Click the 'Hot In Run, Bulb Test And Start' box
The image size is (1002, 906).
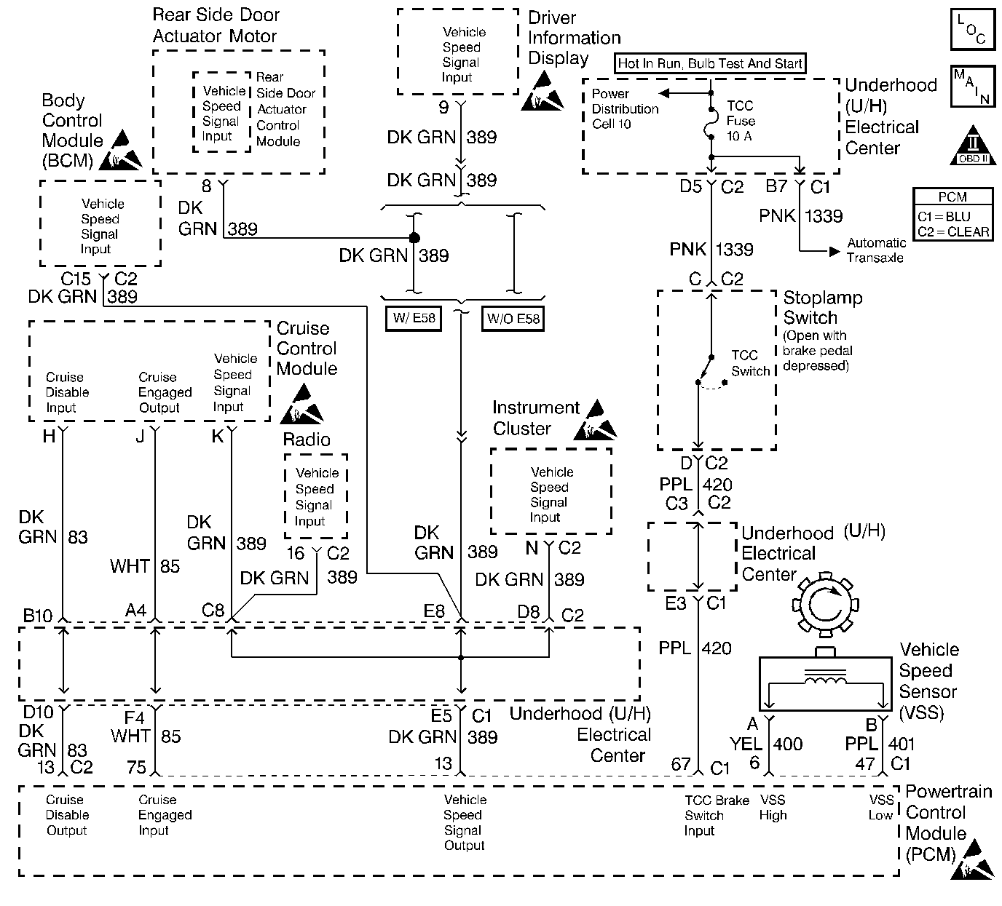pyautogui.click(x=710, y=63)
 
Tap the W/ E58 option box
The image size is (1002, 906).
pyautogui.click(x=414, y=319)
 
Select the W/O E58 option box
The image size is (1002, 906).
pyautogui.click(x=513, y=319)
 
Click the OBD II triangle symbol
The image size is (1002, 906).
pyautogui.click(x=973, y=146)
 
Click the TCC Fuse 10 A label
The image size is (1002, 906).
pyautogui.click(x=741, y=121)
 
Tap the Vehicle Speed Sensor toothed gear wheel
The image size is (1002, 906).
pyautogui.click(x=825, y=605)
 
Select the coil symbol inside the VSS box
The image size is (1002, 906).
pyautogui.click(x=825, y=679)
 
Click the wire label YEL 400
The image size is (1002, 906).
pyautogui.click(x=766, y=744)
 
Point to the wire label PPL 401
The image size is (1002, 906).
pyautogui.click(x=880, y=744)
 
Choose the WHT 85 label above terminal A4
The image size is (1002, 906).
pyautogui.click(x=145, y=566)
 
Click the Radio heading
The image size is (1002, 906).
pyautogui.click(x=307, y=440)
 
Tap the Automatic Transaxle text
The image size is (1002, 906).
pyautogui.click(x=876, y=250)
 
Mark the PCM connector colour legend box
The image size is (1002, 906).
pyautogui.click(x=952, y=215)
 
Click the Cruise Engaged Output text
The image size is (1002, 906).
pyautogui.click(x=165, y=392)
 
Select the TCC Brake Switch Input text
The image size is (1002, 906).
pyautogui.click(x=717, y=815)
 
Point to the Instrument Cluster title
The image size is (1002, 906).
pyautogui.click(x=536, y=418)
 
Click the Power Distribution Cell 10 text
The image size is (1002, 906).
pyautogui.click(x=625, y=109)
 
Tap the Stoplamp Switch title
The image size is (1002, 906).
pyautogui.click(x=823, y=308)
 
